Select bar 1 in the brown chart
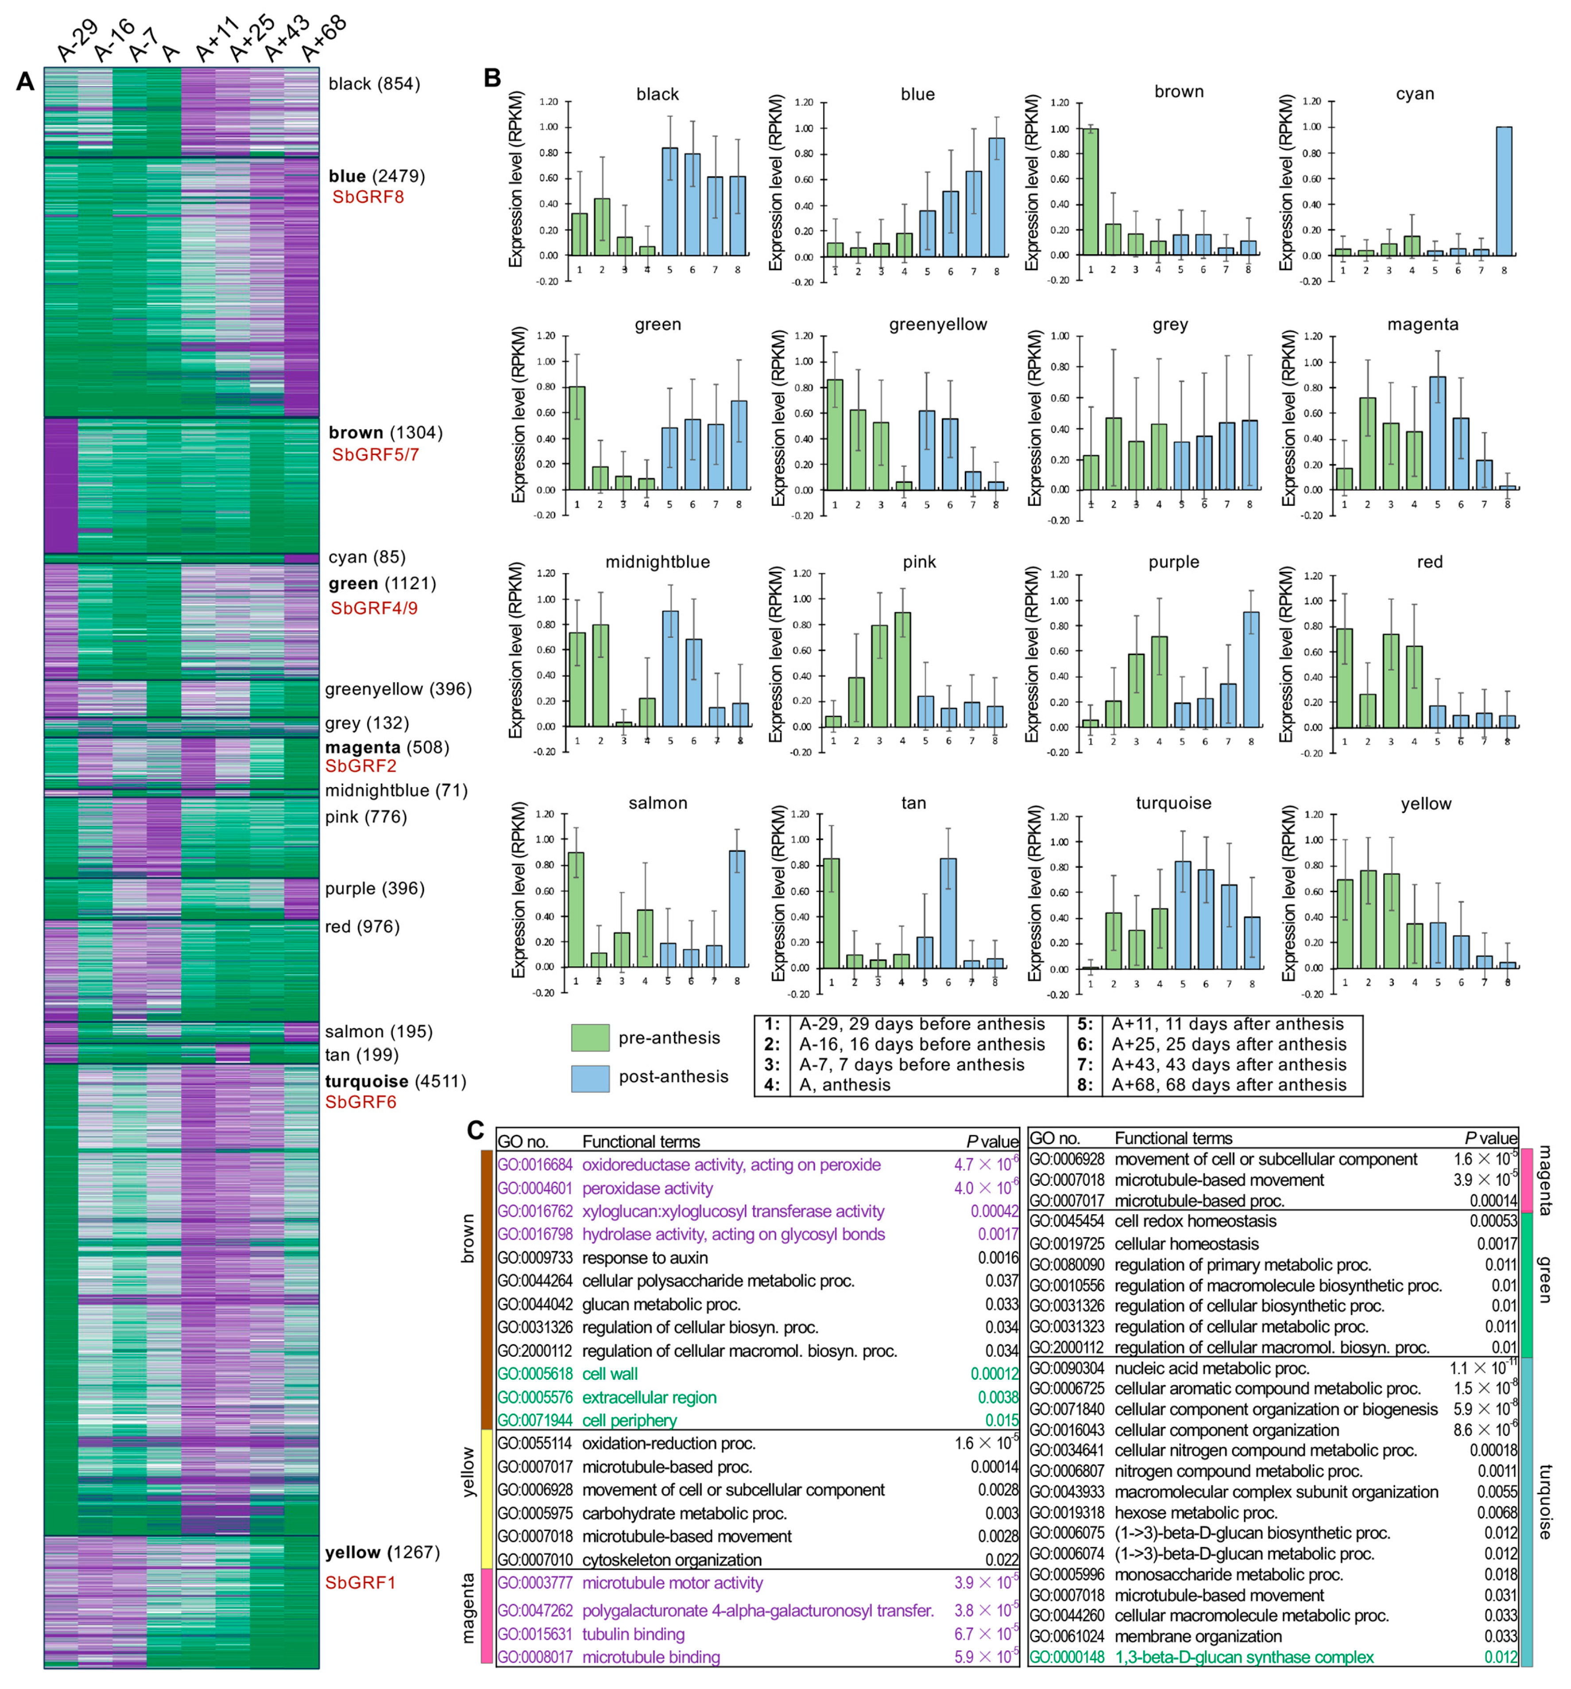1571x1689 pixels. pyautogui.click(x=1090, y=192)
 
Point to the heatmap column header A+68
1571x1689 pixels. pyautogui.click(x=323, y=38)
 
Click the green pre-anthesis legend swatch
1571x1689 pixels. pyautogui.click(x=590, y=1037)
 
